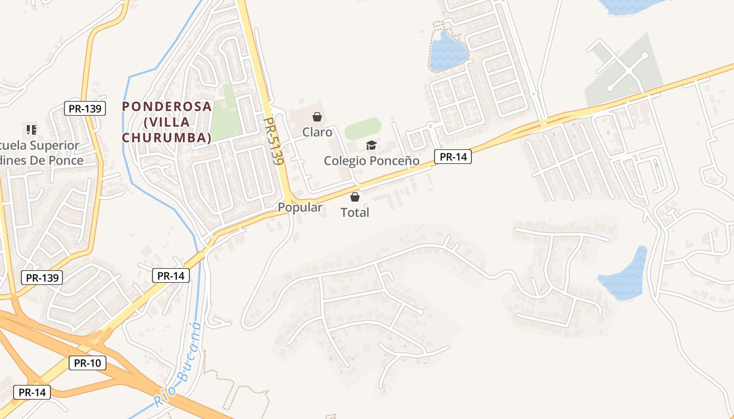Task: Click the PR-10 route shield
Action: [x=88, y=363]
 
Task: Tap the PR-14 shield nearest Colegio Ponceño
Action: [x=453, y=157]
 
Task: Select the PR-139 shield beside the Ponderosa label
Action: [x=85, y=108]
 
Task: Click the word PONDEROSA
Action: [x=167, y=107]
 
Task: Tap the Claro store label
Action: [x=317, y=132]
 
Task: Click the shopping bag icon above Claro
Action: [x=317, y=117]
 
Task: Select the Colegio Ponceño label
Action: [x=371, y=161]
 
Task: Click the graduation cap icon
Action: [x=371, y=145]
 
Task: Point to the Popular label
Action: [x=300, y=207]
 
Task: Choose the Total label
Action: [x=355, y=213]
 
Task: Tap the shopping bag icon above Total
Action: [x=355, y=197]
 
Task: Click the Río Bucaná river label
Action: [x=178, y=365]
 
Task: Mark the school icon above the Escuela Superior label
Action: [x=31, y=129]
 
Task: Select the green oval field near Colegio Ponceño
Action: [x=363, y=128]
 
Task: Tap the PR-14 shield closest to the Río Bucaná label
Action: [x=170, y=275]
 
